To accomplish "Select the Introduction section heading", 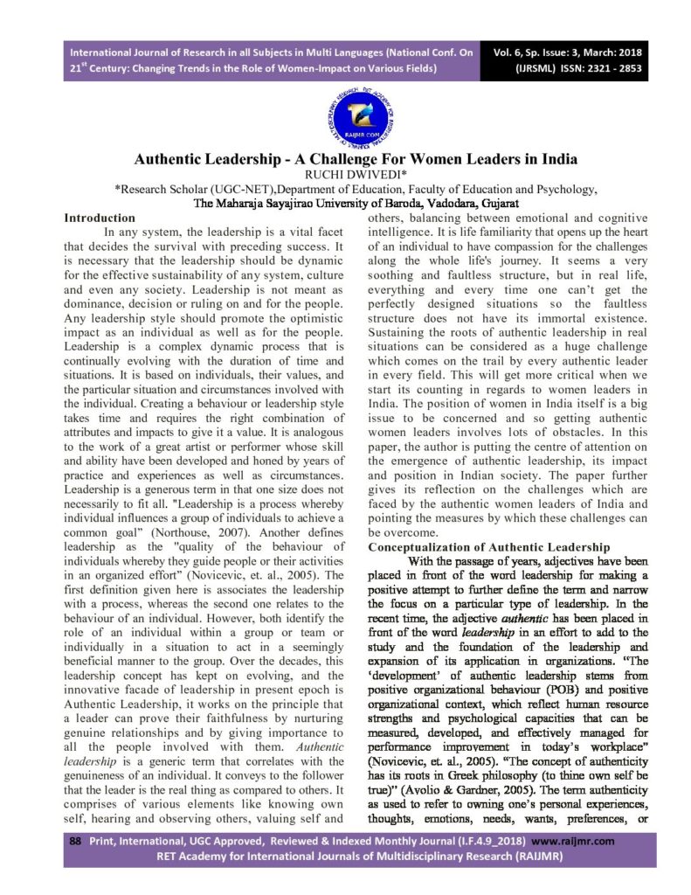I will click(x=100, y=217).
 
